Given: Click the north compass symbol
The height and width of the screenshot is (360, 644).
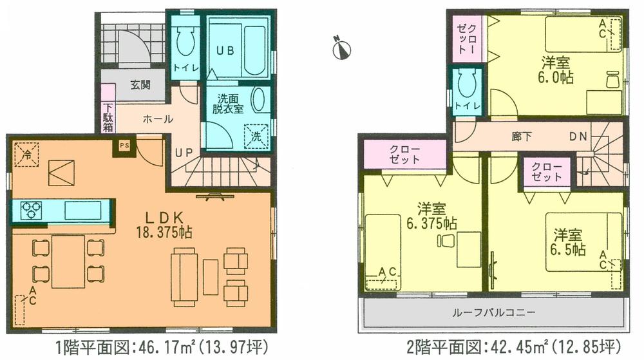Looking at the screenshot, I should pyautogui.click(x=341, y=49).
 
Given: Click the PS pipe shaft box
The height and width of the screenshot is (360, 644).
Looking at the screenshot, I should pyautogui.click(x=124, y=146).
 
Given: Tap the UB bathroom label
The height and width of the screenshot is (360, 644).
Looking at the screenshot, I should pyautogui.click(x=224, y=50).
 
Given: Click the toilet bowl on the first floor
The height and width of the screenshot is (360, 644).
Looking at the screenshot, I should pyautogui.click(x=185, y=42).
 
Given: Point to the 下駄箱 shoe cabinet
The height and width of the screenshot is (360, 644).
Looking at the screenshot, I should pyautogui.click(x=108, y=118).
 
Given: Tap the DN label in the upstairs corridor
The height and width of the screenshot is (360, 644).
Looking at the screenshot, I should pyautogui.click(x=578, y=137).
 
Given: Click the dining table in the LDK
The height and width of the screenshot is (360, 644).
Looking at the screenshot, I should pyautogui.click(x=68, y=262).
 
